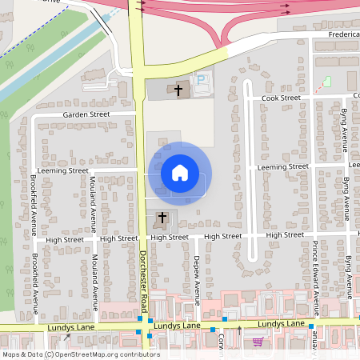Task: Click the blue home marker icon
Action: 179,173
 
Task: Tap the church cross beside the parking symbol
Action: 178,90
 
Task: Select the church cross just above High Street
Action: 162,218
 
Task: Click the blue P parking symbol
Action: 201,80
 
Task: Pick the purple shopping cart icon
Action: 258,342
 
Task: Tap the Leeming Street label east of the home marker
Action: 282,167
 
